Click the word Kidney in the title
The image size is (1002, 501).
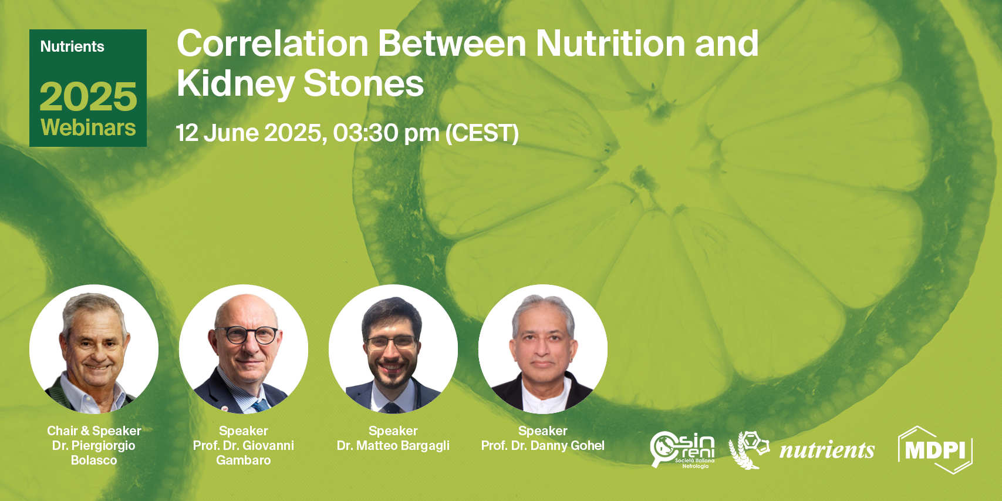point(235,84)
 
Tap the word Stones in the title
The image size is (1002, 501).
point(363,84)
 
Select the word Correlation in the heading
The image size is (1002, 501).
point(272,44)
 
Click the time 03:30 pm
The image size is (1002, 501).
point(386,133)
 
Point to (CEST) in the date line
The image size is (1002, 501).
point(482,133)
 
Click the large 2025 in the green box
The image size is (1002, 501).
point(88,96)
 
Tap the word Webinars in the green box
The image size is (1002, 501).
point(88,127)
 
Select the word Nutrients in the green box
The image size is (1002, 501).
point(72,47)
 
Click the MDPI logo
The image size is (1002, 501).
point(935,450)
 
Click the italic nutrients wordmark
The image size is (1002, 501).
point(826,450)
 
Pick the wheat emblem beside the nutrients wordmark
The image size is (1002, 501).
point(748,450)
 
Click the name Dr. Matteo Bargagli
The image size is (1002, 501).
point(393,446)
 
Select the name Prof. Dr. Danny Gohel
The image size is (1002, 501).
point(543,446)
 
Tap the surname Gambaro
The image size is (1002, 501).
point(244,460)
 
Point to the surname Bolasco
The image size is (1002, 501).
point(94,460)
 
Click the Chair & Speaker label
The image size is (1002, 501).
point(94,431)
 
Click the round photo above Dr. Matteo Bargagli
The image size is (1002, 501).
point(393,349)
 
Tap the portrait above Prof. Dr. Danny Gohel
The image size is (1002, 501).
point(543,349)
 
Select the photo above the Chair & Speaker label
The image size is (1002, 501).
point(94,349)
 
